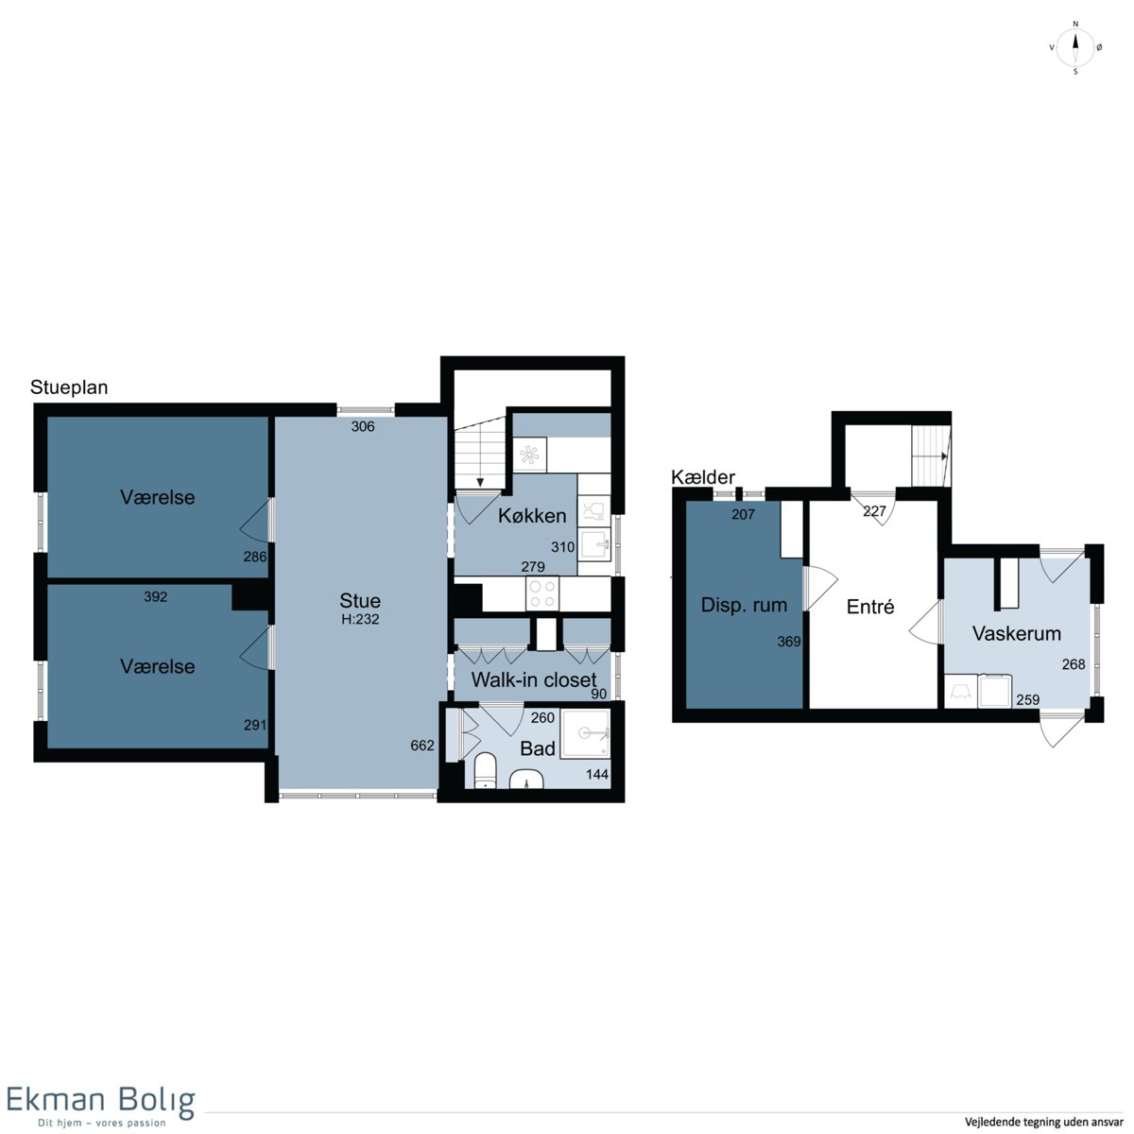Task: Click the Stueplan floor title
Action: coord(69,387)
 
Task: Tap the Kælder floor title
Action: coord(703,477)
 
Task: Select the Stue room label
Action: coord(360,601)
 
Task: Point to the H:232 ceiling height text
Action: coord(360,619)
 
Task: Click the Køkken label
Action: coord(532,516)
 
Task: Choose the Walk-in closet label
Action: coord(534,680)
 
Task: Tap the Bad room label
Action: coord(538,748)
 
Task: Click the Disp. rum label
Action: coord(744,605)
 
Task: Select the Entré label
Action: coord(870,606)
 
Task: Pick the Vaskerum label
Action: coord(1016,633)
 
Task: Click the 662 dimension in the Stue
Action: coord(422,746)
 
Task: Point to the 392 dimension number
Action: coord(155,596)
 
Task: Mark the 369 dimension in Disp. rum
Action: coord(788,642)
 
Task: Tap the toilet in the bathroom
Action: coord(486,770)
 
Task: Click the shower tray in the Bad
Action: coord(584,733)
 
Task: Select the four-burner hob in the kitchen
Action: coord(542,593)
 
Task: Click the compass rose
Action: coord(1075,48)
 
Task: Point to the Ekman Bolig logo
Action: coord(100,1103)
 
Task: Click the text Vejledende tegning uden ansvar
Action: coord(1043,1122)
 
